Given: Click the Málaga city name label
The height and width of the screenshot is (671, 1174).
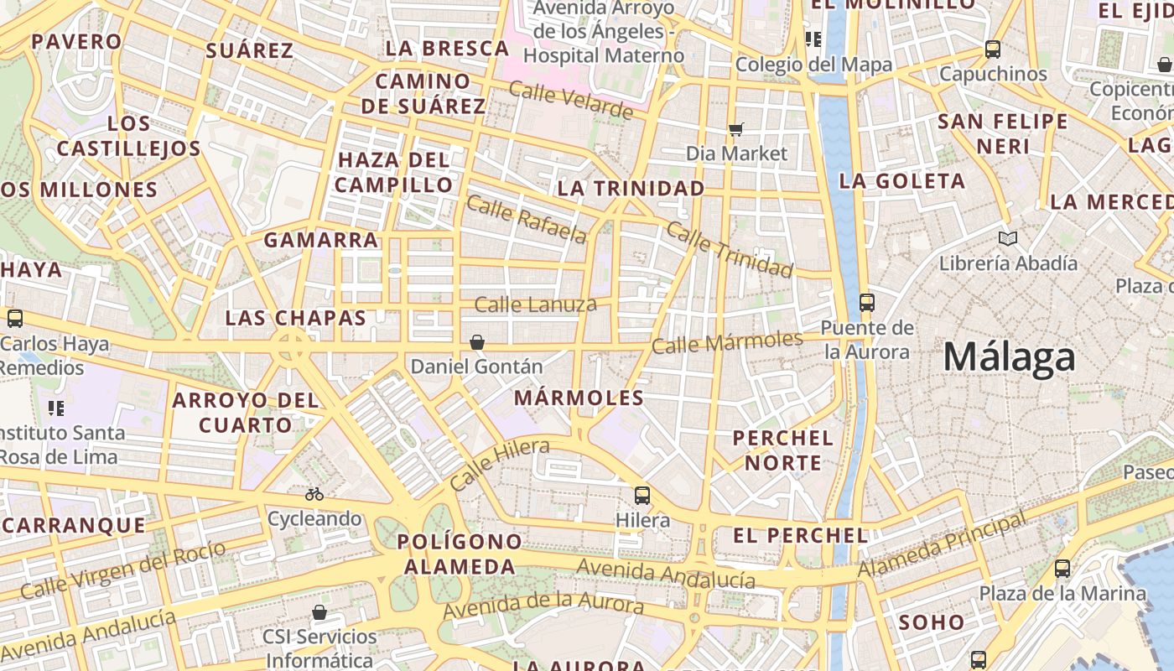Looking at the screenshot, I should click(x=1009, y=357).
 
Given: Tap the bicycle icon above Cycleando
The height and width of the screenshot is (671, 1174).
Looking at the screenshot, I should click(x=314, y=494).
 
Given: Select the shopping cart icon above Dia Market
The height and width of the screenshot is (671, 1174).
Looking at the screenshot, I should click(x=736, y=129).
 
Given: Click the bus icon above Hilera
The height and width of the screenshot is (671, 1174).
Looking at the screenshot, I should click(x=642, y=495).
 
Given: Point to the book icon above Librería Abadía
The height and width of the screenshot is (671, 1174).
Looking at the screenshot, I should click(x=1008, y=239).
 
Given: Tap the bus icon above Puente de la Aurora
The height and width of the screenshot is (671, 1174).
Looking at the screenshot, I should click(x=867, y=303).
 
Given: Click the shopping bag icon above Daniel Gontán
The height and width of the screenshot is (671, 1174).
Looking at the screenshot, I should click(x=477, y=342).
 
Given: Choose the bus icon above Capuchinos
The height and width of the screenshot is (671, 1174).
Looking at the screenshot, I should click(x=993, y=49).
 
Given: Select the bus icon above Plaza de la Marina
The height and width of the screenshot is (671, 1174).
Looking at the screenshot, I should click(x=1062, y=569).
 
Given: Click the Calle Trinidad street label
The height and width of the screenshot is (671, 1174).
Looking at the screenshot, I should click(x=730, y=250).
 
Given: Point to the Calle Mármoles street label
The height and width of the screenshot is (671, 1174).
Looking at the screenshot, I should click(x=727, y=342).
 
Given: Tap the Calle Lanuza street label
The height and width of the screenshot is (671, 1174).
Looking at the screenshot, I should click(x=535, y=304).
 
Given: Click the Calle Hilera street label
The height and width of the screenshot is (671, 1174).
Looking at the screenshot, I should click(x=499, y=464).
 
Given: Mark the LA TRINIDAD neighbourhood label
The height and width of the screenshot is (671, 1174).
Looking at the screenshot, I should click(x=631, y=188).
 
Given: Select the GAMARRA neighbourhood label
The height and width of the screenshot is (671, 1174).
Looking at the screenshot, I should click(x=321, y=240).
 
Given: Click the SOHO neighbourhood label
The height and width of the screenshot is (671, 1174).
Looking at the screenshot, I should click(x=932, y=622).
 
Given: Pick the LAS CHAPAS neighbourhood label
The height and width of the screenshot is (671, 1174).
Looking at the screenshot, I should click(x=296, y=318).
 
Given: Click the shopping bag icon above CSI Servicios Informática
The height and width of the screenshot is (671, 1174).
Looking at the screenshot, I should click(x=319, y=612).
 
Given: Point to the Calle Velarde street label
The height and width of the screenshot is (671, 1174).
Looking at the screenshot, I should click(x=570, y=101).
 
